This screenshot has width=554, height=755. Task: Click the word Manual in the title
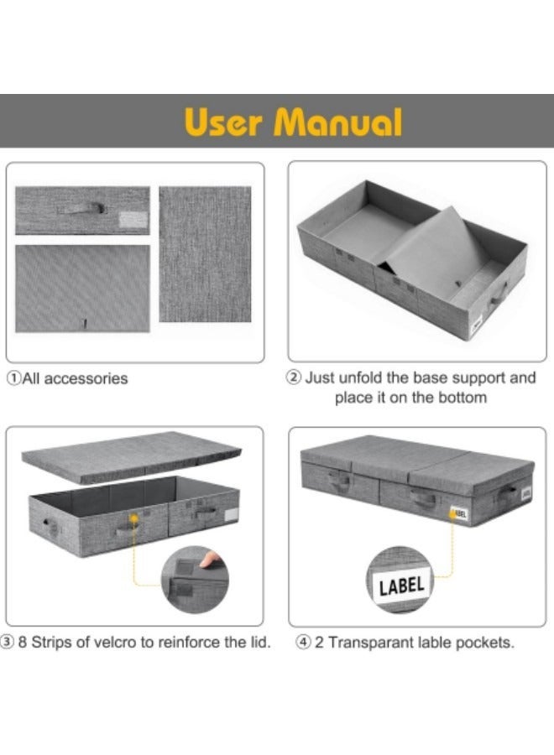point(337,122)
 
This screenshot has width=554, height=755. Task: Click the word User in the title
point(223,122)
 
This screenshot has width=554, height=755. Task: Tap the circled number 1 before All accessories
point(14,378)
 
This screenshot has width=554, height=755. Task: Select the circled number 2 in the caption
point(294,377)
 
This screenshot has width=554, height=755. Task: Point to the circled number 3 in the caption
point(8,642)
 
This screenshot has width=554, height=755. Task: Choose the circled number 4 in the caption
point(303,643)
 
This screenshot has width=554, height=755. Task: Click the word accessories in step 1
point(86,379)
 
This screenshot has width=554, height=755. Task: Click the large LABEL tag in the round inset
point(401,586)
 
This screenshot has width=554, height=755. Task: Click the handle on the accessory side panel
point(82,208)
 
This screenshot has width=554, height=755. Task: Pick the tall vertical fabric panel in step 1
point(205,254)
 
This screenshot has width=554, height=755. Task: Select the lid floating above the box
point(131,456)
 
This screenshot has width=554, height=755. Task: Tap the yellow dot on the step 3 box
point(134,518)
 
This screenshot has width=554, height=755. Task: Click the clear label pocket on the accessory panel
point(133,220)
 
